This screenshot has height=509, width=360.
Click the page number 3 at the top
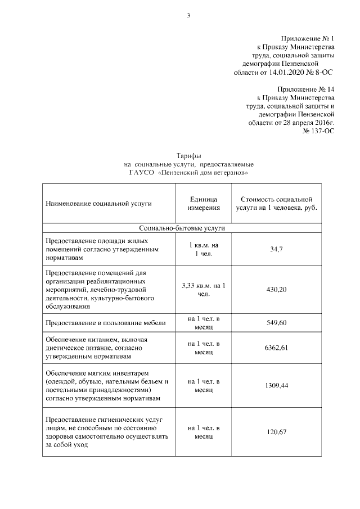[x=188, y=15]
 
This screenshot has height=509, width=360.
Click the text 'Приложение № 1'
[x=306, y=37]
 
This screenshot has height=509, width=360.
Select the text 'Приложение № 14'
[x=306, y=89]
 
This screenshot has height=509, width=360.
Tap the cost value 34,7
[x=276, y=249]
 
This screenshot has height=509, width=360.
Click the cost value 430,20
[x=276, y=289]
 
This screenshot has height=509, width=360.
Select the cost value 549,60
[x=276, y=323]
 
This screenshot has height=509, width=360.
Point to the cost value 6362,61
[x=276, y=348]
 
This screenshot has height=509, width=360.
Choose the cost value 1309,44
[x=276, y=386]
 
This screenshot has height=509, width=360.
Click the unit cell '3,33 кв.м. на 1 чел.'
[x=203, y=289]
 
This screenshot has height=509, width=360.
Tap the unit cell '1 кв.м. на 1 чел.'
[x=203, y=249]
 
